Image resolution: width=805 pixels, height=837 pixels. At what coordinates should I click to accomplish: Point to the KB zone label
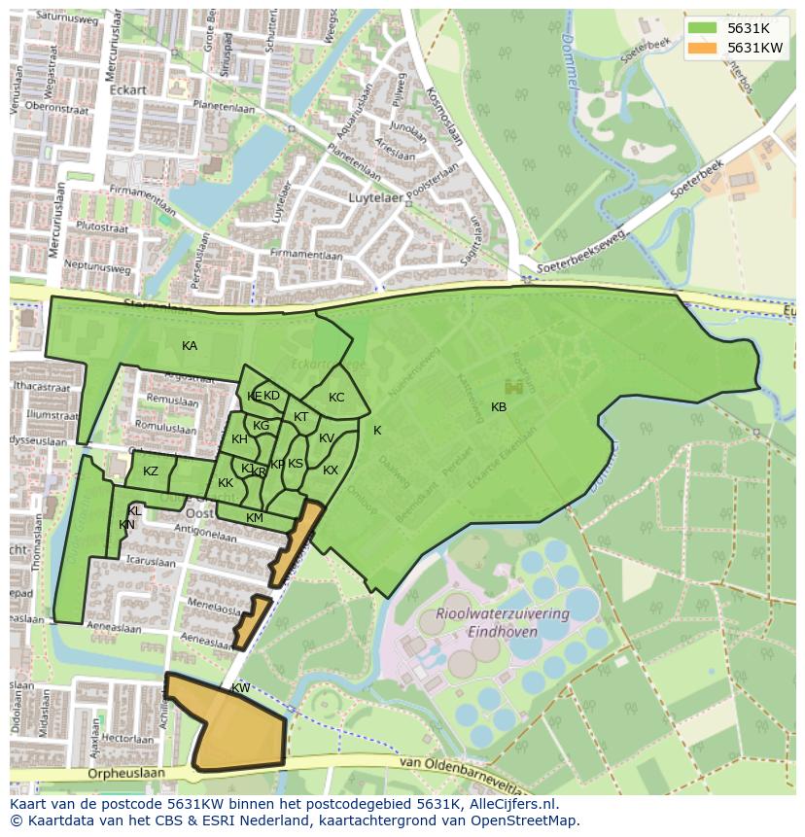[x=499, y=407]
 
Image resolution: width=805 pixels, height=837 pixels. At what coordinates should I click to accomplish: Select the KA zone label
[x=190, y=346]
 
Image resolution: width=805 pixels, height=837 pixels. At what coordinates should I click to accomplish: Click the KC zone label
[x=336, y=398]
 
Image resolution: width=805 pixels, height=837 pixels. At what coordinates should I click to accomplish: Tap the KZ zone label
[x=151, y=471]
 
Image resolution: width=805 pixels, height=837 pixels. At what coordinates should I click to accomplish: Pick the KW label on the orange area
[x=241, y=688]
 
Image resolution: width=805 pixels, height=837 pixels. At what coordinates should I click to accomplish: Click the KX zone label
[x=331, y=471]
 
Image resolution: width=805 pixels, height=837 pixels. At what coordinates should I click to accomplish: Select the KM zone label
[x=255, y=518]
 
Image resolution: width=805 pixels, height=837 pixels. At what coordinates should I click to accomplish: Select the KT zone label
[x=301, y=417]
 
